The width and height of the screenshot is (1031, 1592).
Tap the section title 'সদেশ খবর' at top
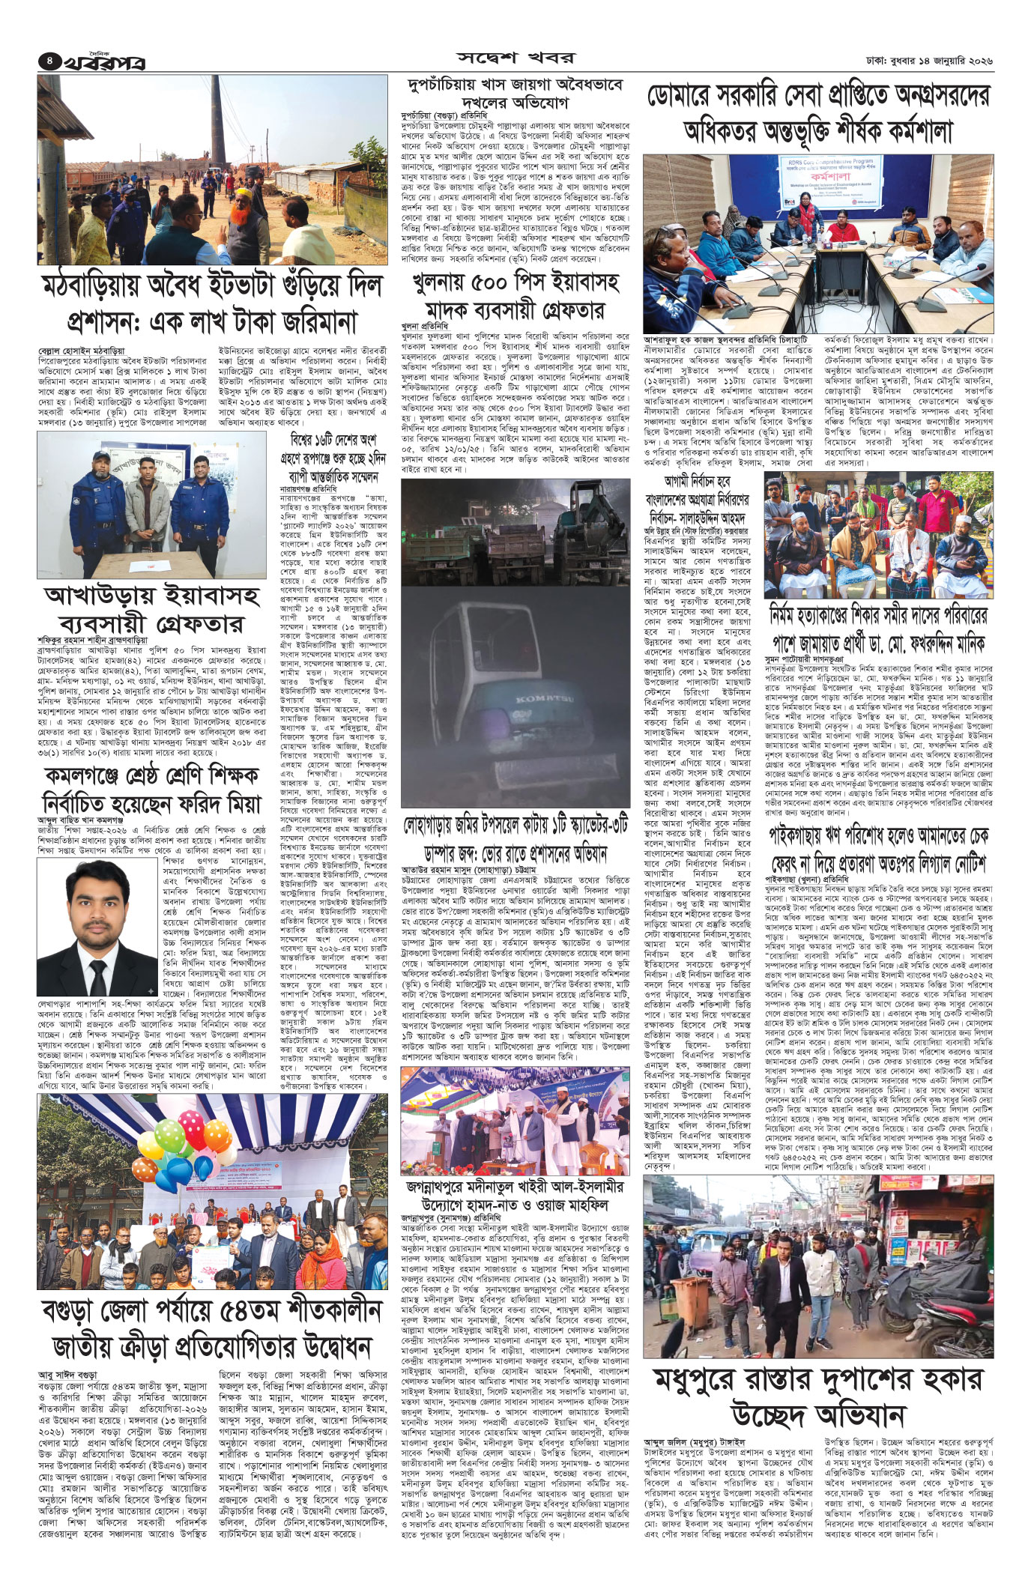click(516, 59)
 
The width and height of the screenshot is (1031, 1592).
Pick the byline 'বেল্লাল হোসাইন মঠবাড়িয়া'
click(82, 350)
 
